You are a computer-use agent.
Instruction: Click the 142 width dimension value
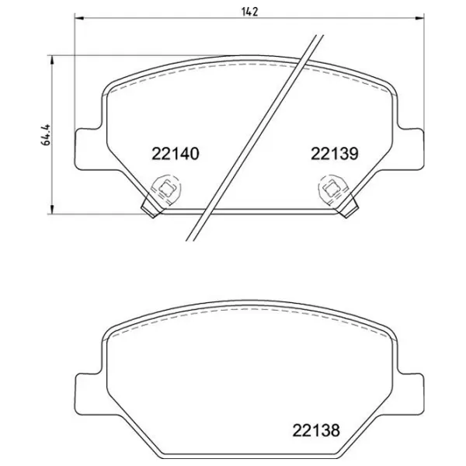tap(249, 12)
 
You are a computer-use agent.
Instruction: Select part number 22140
tap(176, 154)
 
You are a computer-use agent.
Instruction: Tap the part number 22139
tap(333, 154)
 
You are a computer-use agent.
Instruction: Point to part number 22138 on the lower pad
tap(316, 428)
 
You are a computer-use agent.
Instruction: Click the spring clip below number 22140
tap(165, 189)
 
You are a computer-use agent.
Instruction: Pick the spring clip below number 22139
tap(332, 189)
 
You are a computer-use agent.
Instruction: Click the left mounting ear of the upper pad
tap(87, 148)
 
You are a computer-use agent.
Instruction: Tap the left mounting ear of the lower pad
tap(87, 388)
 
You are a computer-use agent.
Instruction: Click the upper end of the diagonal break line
tap(319, 36)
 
